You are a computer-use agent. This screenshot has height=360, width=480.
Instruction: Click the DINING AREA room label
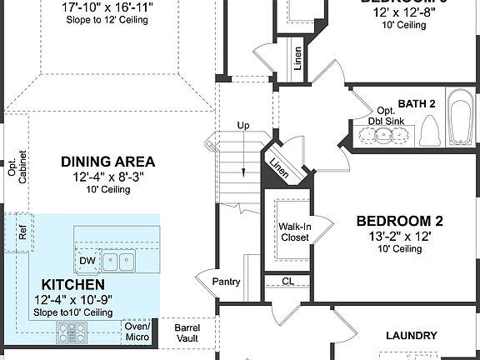click(x=108, y=162)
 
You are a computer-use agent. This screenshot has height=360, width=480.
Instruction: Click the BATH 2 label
click(x=417, y=103)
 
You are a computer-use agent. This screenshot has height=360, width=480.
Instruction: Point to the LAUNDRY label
click(x=411, y=336)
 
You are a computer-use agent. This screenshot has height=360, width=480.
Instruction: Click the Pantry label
click(x=227, y=282)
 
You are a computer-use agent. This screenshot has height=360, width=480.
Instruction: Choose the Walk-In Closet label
click(x=294, y=232)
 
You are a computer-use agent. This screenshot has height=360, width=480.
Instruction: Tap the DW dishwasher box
click(x=87, y=261)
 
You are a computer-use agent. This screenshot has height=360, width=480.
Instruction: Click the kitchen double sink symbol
click(x=118, y=262)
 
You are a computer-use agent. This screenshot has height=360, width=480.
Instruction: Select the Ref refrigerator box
click(x=22, y=232)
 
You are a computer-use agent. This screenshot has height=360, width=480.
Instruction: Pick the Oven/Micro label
click(x=137, y=332)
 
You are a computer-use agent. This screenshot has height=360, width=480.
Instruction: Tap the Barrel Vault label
click(x=187, y=333)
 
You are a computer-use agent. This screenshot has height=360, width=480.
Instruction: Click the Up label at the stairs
click(x=243, y=126)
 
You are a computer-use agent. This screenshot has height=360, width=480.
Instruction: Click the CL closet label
click(x=287, y=282)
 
